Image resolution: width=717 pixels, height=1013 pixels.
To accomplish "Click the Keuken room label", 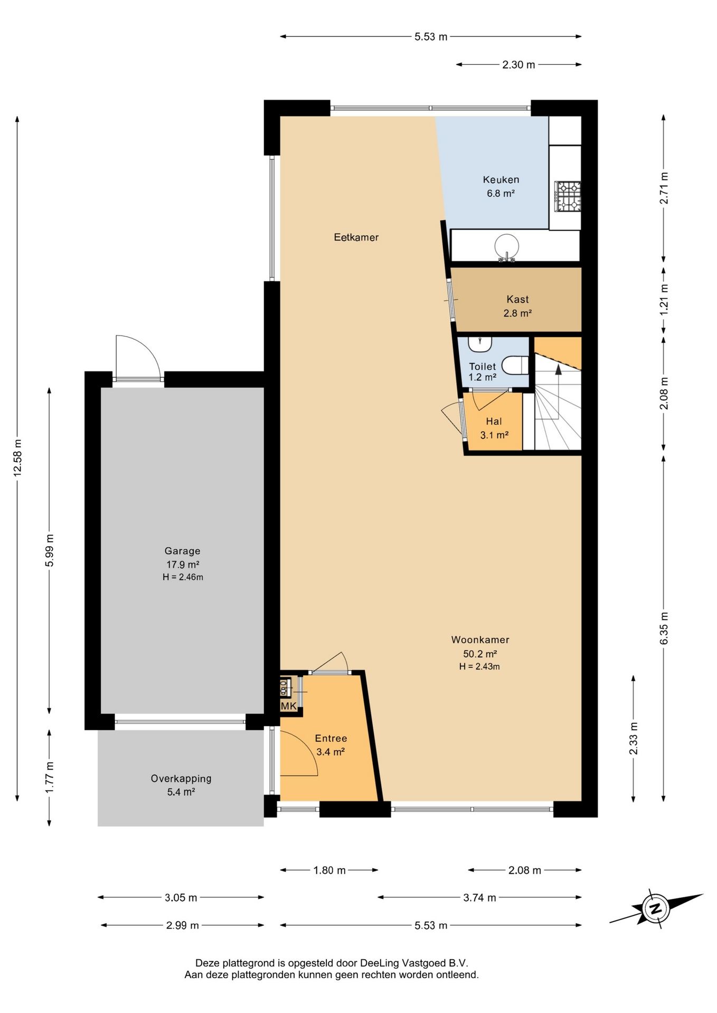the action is [x=501, y=180].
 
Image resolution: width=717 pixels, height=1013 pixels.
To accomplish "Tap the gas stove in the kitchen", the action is [x=567, y=196].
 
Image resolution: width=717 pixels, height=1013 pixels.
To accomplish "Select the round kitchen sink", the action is [x=507, y=246].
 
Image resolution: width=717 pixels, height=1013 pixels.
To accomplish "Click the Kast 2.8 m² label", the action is [x=517, y=306].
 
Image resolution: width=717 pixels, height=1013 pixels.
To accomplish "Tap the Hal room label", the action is [x=494, y=422].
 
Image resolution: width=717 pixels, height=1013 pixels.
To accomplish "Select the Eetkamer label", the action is [x=356, y=237].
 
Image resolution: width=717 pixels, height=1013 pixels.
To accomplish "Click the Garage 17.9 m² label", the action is [x=183, y=557].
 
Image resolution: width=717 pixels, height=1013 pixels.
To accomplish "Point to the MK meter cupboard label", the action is [x=288, y=706].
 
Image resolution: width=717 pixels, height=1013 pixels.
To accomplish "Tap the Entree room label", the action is [x=331, y=739].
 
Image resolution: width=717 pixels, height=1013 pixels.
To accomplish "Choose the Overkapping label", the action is [x=181, y=778].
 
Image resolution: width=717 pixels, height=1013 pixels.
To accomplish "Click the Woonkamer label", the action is [x=480, y=640].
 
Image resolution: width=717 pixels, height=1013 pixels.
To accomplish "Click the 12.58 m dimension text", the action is [x=18, y=458].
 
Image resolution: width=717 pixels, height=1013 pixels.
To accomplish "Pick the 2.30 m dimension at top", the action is [x=518, y=65].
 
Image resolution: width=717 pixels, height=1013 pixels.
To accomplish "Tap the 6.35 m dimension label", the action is [x=664, y=628].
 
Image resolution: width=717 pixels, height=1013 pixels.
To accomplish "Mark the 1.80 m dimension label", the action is [x=329, y=870].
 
